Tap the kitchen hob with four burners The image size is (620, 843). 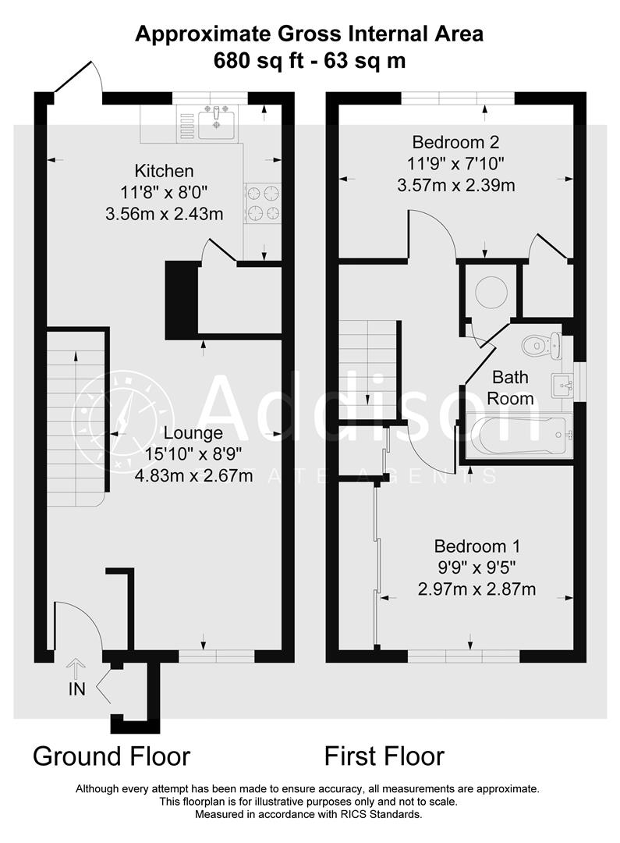pyautogui.click(x=262, y=201)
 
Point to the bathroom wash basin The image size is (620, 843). pyautogui.click(x=563, y=383)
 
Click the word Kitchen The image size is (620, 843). pyautogui.click(x=164, y=171)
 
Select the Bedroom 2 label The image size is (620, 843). pyautogui.click(x=455, y=143)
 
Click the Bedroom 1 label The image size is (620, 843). pyautogui.click(x=477, y=546)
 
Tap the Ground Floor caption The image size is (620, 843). pyautogui.click(x=111, y=756)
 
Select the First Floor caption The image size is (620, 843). pyautogui.click(x=384, y=756)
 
